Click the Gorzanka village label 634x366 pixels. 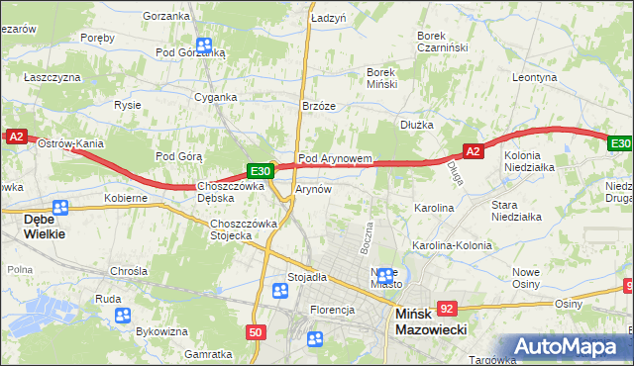165,16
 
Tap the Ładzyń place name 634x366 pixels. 328,19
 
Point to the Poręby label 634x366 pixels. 98,38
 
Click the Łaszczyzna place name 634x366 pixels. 53,76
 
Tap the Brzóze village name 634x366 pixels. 319,107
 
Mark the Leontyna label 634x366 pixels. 535,76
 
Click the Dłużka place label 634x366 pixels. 417,125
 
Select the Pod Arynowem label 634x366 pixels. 335,158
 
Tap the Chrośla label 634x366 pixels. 129,270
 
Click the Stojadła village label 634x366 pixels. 307,278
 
